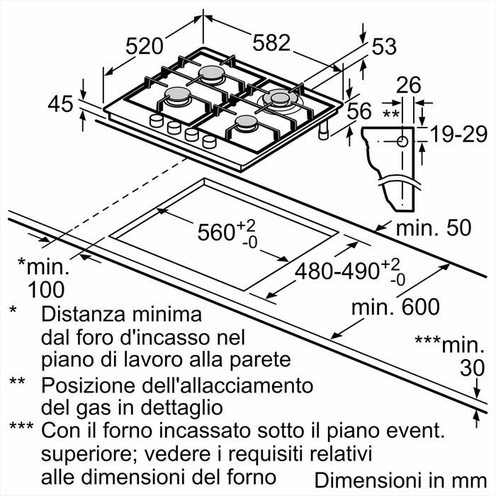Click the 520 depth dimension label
pyautogui.click(x=150, y=46)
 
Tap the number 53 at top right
pyautogui.click(x=383, y=47)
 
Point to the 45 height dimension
pyautogui.click(x=61, y=104)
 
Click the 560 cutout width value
pyautogui.click(x=216, y=232)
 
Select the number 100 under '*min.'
pyautogui.click(x=46, y=289)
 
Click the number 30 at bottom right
pyautogui.click(x=473, y=368)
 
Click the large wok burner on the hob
pyautogui.click(x=278, y=99)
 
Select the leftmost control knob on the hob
pyautogui.click(x=154, y=123)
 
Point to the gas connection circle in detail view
pyautogui.click(x=403, y=141)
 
